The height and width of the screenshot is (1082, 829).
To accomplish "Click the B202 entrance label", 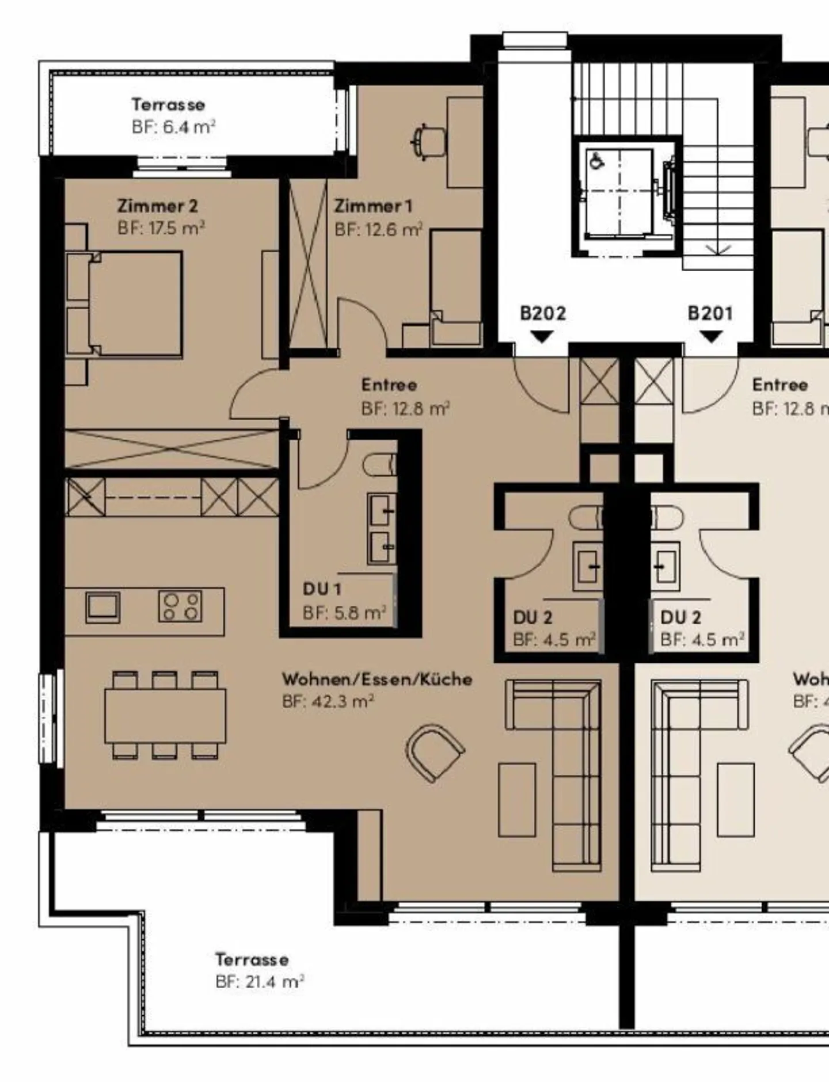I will [x=543, y=313].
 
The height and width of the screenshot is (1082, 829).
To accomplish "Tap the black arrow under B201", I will [x=711, y=336].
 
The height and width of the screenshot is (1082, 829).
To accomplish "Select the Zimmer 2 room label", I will [x=158, y=206].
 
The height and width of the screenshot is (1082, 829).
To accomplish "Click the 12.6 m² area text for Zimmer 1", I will [x=378, y=230].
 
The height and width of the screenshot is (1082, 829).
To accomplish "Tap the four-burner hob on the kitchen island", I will [x=180, y=606].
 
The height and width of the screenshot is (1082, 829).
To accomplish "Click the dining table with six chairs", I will [x=165, y=715].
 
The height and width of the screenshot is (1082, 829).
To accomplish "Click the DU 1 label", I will [x=322, y=589].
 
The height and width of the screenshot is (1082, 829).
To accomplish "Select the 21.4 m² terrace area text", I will [x=260, y=982].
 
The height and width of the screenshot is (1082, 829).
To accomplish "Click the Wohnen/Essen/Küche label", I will [x=377, y=679].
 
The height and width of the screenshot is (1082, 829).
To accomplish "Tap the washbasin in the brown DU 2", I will [x=587, y=567].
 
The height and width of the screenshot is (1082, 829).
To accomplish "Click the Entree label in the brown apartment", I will [x=389, y=385].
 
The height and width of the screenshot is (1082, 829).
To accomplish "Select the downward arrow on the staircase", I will [x=718, y=249].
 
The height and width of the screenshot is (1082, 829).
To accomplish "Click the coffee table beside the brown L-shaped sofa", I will [x=516, y=800].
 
